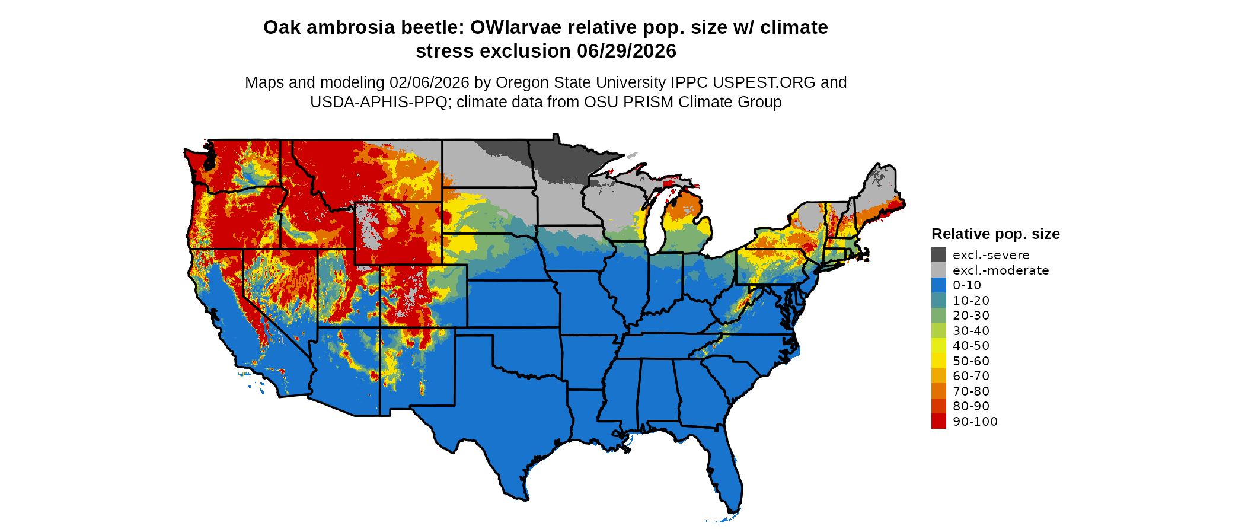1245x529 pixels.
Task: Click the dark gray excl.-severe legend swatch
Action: click(x=938, y=255)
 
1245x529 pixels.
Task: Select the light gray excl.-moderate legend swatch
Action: click(x=938, y=270)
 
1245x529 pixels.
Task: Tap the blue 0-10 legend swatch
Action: click(x=938, y=285)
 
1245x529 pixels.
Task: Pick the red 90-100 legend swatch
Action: click(x=938, y=422)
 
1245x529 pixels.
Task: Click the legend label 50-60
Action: click(x=971, y=361)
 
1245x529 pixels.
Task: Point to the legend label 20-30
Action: click(x=971, y=316)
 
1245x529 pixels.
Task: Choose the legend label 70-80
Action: click(x=971, y=391)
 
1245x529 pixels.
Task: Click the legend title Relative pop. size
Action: click(x=995, y=234)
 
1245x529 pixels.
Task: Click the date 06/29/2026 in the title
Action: click(x=627, y=51)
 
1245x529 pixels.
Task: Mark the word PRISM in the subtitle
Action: click(x=649, y=102)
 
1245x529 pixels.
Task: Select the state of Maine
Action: click(x=880, y=190)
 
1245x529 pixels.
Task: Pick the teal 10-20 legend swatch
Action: click(x=938, y=301)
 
